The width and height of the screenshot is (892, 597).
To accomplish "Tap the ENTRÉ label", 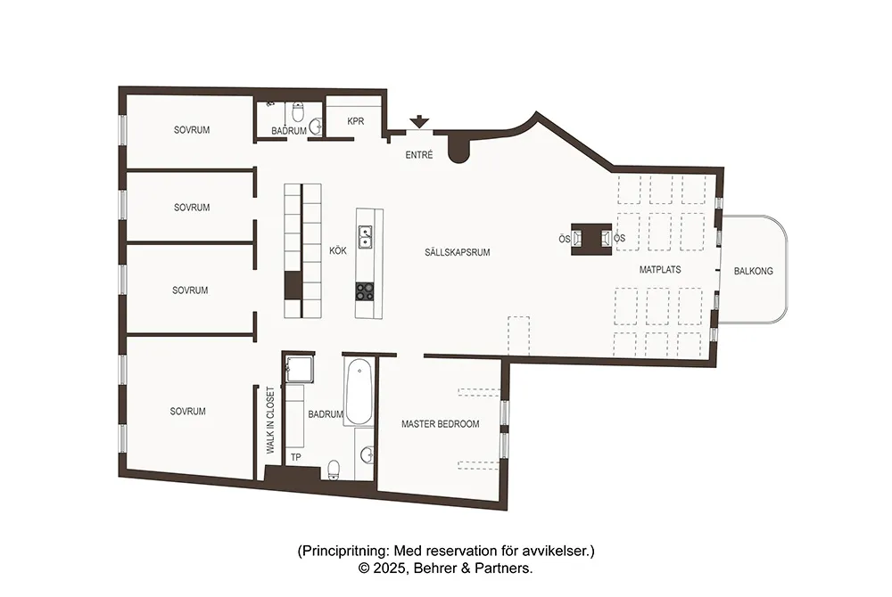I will point(418,155).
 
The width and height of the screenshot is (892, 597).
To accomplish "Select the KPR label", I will point(355,121).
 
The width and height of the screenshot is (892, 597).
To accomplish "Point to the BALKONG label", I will point(753,271).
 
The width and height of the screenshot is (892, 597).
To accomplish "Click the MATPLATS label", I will point(660,268).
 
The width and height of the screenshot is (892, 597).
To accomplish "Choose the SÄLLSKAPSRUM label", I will point(458,252).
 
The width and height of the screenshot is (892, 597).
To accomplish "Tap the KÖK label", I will point(337,252).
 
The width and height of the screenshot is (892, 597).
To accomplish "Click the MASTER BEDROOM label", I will point(440,424).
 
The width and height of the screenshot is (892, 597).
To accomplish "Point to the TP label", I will point(296,457).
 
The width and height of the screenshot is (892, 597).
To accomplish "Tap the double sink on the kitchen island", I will point(366,237).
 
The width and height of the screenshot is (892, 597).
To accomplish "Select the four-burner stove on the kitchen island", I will point(366,290).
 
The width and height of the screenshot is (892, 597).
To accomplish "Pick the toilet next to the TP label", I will point(334,469).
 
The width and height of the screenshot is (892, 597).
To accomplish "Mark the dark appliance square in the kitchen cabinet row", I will point(293,285).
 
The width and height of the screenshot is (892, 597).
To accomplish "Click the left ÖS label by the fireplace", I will point(564,239).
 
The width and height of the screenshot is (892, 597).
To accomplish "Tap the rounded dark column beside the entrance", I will point(458,150).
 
